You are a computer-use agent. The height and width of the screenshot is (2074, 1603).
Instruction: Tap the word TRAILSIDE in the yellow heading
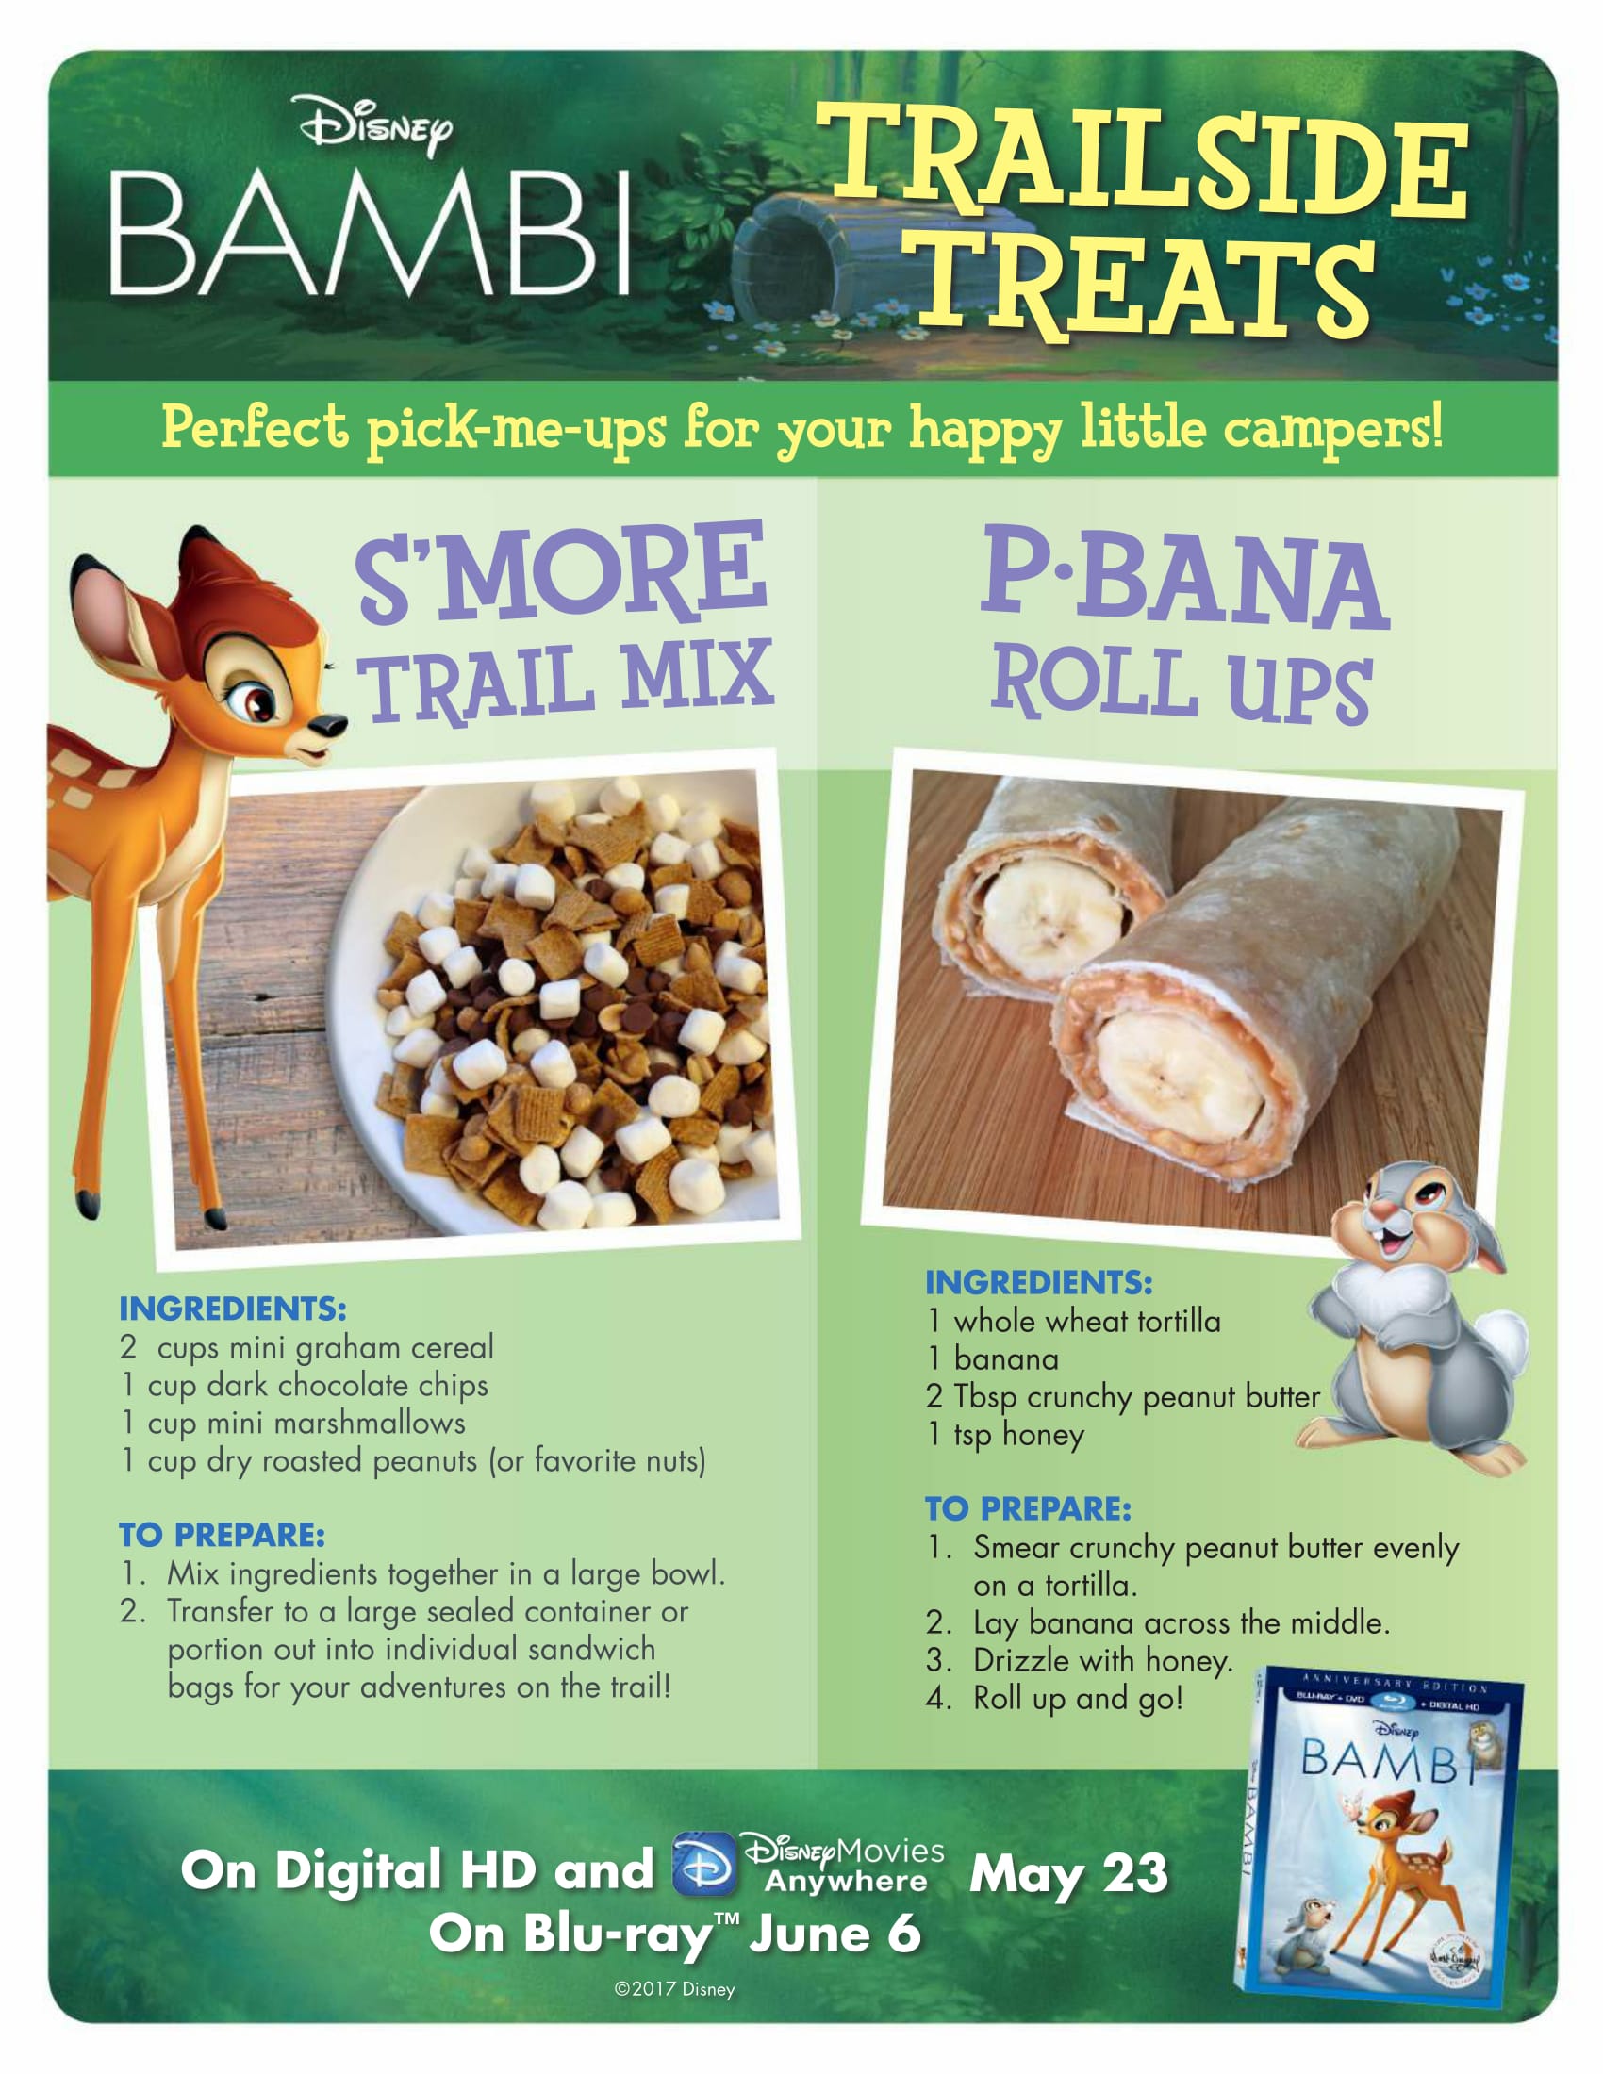1144,161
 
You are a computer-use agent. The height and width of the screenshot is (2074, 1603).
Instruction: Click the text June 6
835,1934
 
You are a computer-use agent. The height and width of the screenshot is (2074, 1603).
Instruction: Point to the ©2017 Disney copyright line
674,1988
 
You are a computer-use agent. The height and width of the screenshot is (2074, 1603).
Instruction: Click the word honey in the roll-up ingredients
1043,1435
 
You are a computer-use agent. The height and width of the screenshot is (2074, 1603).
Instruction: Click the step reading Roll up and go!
1078,1698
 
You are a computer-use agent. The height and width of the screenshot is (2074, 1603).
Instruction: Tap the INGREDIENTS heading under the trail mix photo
233,1309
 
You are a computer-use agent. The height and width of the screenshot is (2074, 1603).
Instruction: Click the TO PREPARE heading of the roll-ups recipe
1029,1508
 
